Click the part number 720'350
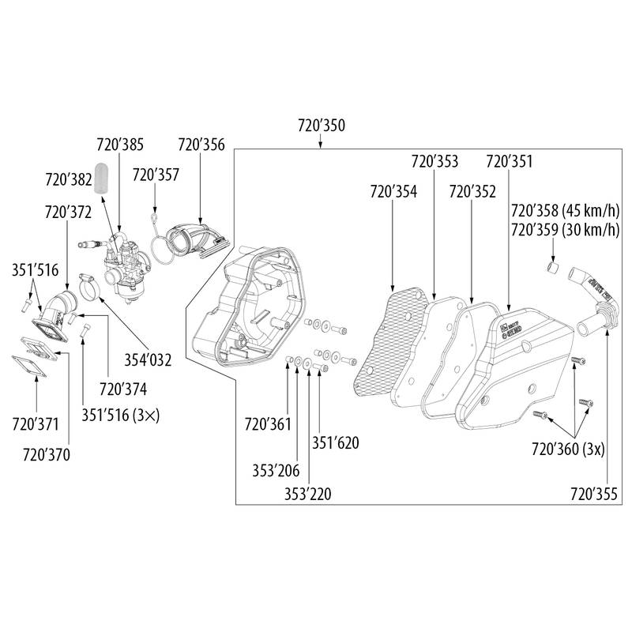tap(322, 125)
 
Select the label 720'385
tap(120, 145)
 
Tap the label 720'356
tap(201, 145)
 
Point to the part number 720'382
tap(69, 180)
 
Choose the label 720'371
tap(35, 425)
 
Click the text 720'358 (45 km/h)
tap(564, 212)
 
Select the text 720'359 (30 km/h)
tap(564, 230)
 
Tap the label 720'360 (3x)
tap(568, 449)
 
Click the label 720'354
tap(393, 192)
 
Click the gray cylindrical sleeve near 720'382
tap(100, 178)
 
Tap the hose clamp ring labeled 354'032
tap(92, 283)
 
